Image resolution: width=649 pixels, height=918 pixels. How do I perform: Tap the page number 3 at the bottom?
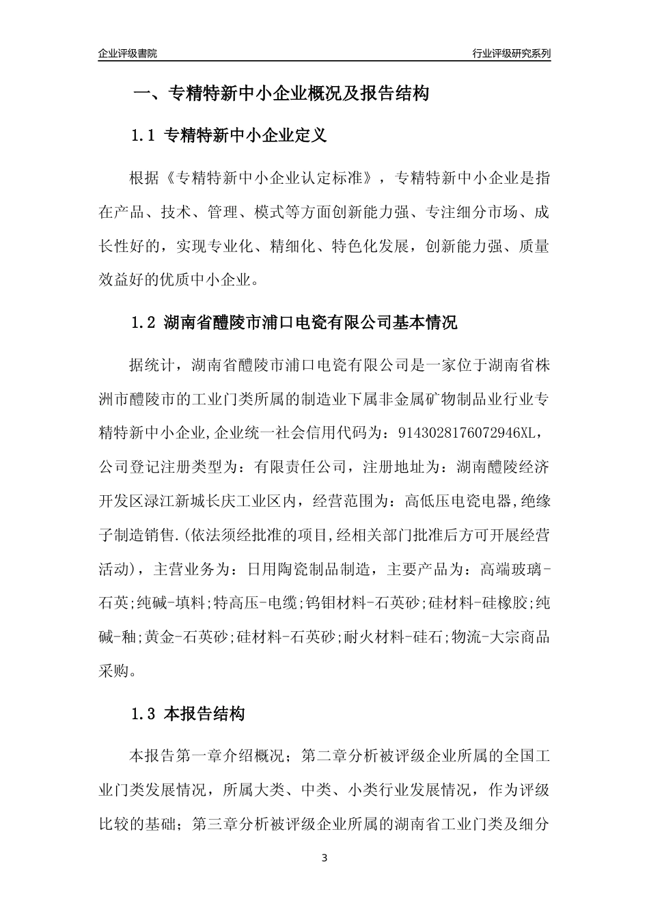[324, 859]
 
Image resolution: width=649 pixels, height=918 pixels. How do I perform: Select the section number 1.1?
[144, 135]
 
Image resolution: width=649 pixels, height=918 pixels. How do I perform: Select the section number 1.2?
[144, 322]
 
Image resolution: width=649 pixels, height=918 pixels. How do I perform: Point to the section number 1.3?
[144, 714]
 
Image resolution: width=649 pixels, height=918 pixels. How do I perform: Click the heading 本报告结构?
[205, 714]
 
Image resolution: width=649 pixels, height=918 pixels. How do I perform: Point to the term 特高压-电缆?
[256, 602]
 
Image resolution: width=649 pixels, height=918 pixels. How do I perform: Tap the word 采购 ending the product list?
[113, 671]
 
